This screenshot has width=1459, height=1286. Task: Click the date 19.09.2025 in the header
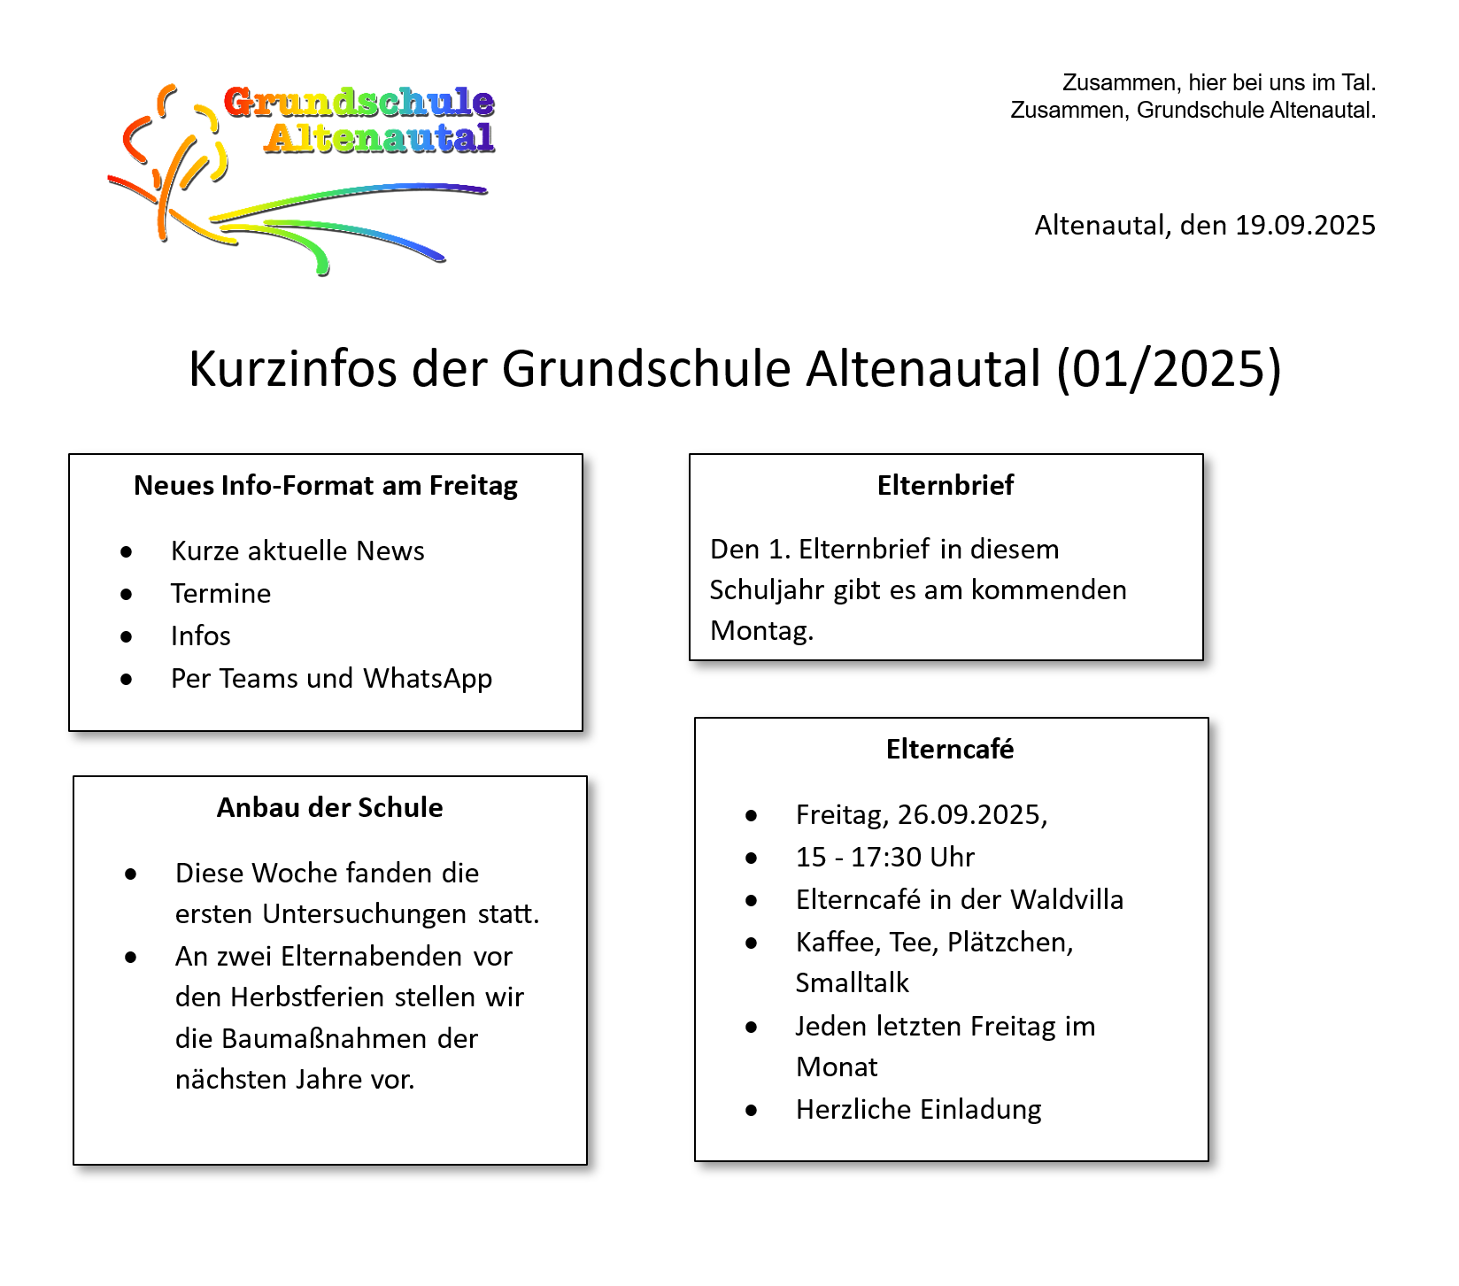click(x=1305, y=226)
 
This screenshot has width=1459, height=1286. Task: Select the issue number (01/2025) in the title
click(x=1169, y=368)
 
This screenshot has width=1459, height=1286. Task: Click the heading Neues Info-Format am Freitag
click(x=326, y=486)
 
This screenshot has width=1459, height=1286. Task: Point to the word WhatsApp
click(x=428, y=679)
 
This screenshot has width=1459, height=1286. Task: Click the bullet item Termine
click(x=220, y=594)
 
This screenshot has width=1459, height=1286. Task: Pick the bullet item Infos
click(x=201, y=636)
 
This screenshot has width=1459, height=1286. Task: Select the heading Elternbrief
click(x=946, y=486)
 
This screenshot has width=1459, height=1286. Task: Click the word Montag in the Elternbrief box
click(x=761, y=631)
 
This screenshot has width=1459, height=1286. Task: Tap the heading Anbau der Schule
click(x=330, y=808)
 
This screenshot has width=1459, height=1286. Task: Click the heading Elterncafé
click(x=950, y=750)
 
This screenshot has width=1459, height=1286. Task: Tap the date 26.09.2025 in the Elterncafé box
click(x=971, y=815)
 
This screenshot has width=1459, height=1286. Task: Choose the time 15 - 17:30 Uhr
click(x=885, y=858)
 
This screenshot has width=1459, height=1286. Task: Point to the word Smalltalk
click(x=853, y=983)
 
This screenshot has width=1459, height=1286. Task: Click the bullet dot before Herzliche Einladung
click(x=752, y=1111)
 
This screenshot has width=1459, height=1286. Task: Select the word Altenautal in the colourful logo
click(x=379, y=139)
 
